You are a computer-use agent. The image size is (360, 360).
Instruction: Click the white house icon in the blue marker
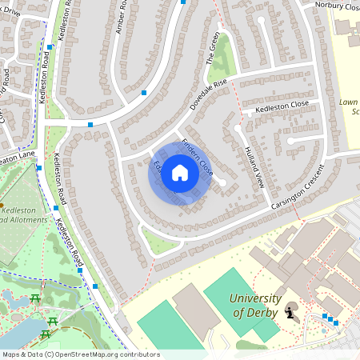click(x=180, y=173)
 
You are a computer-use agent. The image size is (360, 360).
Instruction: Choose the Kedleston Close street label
click(x=282, y=106)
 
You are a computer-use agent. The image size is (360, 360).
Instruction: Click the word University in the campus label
click(x=255, y=298)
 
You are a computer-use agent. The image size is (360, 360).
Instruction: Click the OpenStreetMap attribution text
click(x=80, y=354)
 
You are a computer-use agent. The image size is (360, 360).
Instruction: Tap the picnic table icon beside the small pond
click(x=35, y=300)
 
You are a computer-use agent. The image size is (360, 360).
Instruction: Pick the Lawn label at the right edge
click(x=348, y=102)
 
